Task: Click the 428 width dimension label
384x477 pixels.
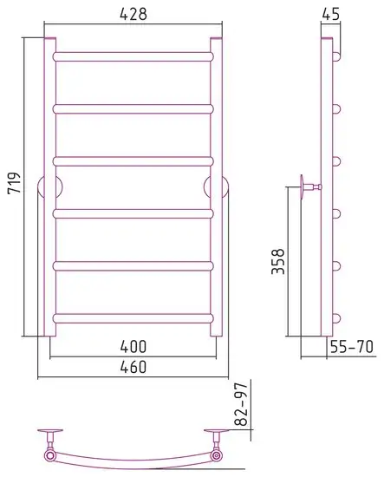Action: click(133, 14)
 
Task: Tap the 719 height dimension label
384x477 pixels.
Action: click(14, 183)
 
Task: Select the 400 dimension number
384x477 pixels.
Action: click(133, 347)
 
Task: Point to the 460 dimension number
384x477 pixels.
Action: click(133, 367)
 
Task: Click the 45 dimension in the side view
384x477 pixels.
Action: click(331, 14)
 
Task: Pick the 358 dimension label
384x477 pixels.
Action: click(278, 262)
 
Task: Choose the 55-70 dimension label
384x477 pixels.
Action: click(351, 347)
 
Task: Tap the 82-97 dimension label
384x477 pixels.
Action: click(242, 405)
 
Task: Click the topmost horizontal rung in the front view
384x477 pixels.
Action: click(133, 56)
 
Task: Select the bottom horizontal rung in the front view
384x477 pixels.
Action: click(133, 318)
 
